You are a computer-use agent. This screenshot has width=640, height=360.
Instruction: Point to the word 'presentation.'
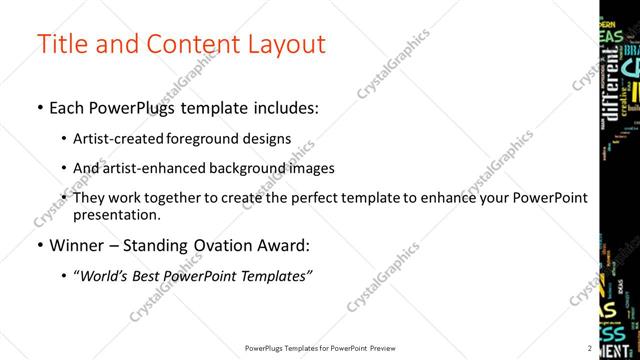117,215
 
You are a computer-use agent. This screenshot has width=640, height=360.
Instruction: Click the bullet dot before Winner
39,246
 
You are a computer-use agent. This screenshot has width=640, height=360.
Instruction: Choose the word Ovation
220,246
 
